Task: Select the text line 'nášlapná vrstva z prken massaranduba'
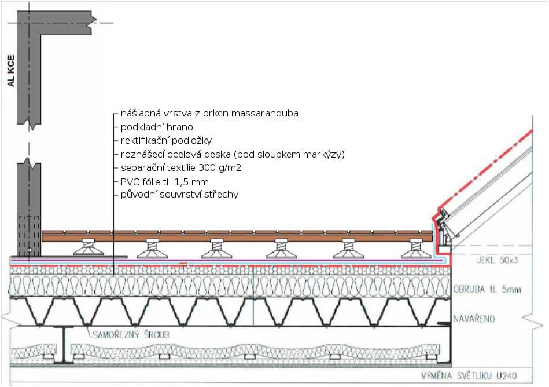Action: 209,114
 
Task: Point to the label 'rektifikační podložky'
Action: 167,141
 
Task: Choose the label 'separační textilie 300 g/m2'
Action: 181,168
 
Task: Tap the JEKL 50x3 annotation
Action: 481,260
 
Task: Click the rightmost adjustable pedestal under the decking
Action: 415,249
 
